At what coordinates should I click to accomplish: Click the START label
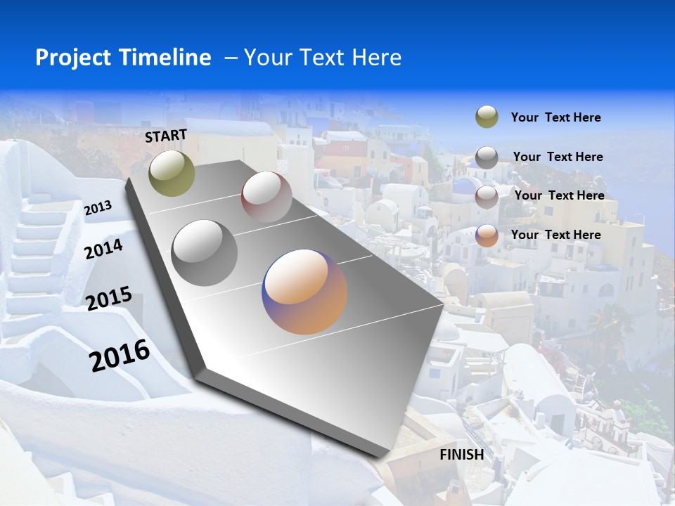coord(166,136)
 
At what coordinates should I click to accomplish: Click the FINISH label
coord(462,455)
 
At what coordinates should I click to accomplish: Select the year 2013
coord(98,208)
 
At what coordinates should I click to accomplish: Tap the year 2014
coord(104,249)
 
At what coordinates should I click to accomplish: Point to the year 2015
coord(109,299)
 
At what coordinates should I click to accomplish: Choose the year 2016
coord(120,355)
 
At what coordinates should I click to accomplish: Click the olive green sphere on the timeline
coord(172,173)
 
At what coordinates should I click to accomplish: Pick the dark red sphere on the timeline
coord(266,197)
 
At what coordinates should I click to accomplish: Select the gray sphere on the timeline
coord(205,252)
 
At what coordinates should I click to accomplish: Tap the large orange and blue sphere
coord(304,292)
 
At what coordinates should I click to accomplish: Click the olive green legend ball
coord(487,117)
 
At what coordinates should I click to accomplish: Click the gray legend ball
coord(487,157)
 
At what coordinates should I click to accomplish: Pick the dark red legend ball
coord(487,197)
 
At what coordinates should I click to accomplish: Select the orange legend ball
coord(487,235)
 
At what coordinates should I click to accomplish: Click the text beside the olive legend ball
coord(555,118)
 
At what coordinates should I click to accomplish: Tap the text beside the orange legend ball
coord(555,235)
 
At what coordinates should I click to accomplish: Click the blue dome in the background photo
coord(463,187)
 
